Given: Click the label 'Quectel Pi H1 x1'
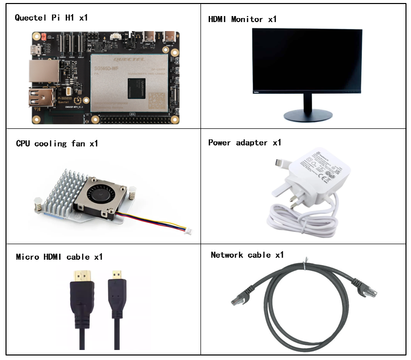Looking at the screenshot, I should (51, 18).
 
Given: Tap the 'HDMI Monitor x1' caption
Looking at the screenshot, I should (242, 20).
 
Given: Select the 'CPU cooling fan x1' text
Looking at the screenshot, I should (57, 144).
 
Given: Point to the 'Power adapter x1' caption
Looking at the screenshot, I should (245, 143).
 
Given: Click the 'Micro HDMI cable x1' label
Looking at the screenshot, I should (59, 257).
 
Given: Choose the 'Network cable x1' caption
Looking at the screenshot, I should (247, 255).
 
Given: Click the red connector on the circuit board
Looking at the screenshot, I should (44, 37).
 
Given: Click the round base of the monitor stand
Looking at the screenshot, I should (307, 116).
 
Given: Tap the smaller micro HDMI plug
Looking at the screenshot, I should (117, 275).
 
